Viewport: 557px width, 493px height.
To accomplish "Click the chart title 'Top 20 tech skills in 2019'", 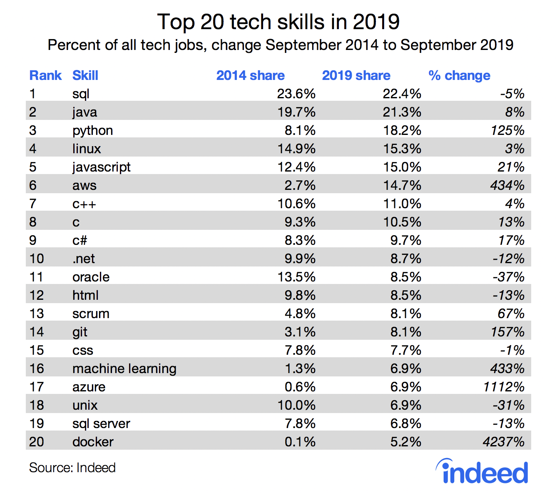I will [x=278, y=22].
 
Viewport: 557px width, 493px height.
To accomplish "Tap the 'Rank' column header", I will [x=45, y=75].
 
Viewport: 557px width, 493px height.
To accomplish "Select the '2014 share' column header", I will [x=250, y=75].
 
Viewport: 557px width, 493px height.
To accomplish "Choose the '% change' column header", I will [x=459, y=75].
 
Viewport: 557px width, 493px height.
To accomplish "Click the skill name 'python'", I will [x=92, y=130].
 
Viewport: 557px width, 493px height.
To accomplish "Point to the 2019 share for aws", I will [x=402, y=185].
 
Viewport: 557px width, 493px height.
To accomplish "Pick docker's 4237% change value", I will [x=503, y=442].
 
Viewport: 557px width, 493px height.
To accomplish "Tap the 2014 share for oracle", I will [x=296, y=277].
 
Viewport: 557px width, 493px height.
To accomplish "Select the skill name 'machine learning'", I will [x=124, y=369].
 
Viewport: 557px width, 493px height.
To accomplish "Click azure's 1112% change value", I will [x=504, y=387].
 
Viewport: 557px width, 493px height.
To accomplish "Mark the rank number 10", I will [x=37, y=259].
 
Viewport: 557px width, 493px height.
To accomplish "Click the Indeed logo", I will [x=482, y=472].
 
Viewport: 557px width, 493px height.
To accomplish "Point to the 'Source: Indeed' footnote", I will [x=72, y=468].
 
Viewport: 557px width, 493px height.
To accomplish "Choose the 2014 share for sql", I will [x=296, y=94].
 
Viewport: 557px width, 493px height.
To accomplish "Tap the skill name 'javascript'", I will [x=101, y=167].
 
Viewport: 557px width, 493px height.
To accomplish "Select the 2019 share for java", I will [x=402, y=112].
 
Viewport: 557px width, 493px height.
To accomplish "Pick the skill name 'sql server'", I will [x=101, y=423].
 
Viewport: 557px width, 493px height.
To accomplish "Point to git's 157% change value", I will [x=507, y=332].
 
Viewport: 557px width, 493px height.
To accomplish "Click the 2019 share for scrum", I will [x=405, y=314].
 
